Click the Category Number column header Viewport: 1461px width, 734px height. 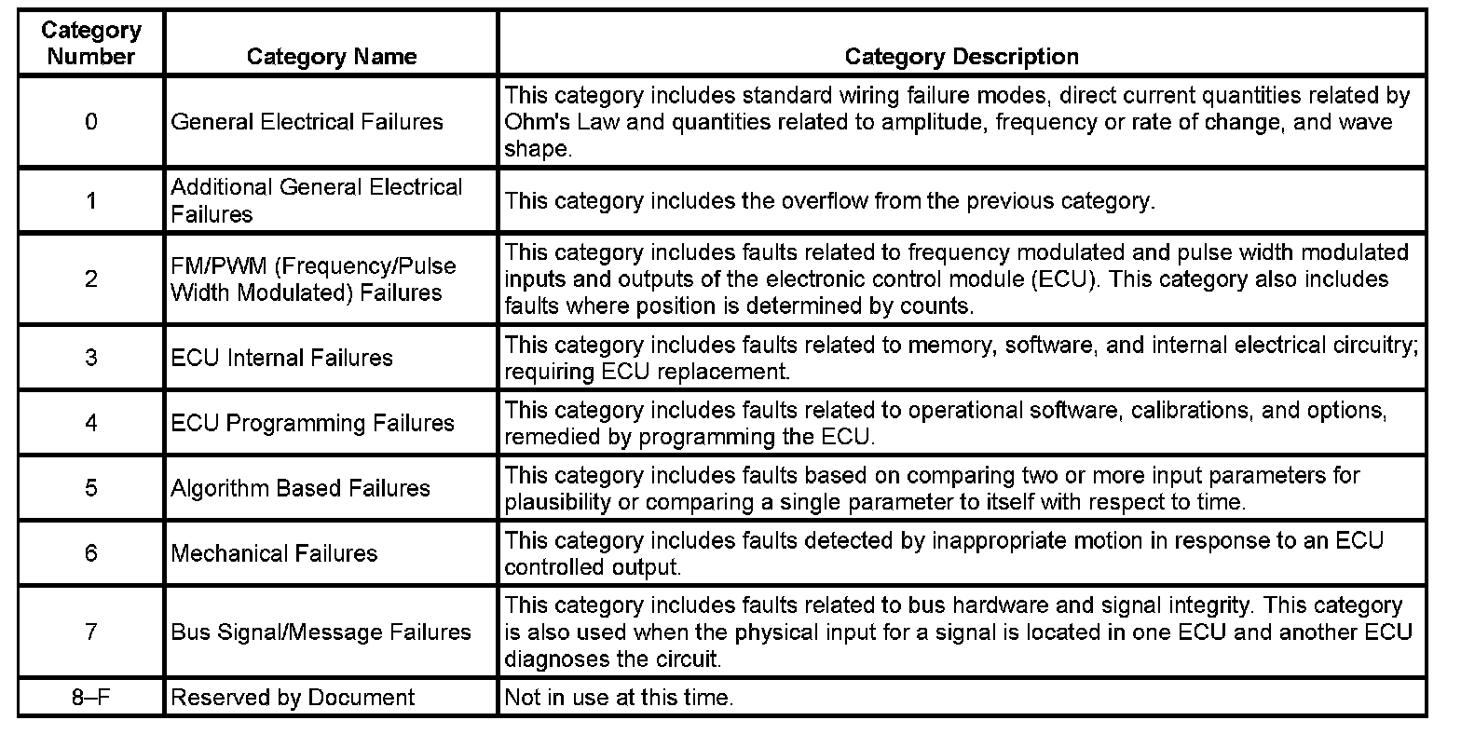(x=90, y=43)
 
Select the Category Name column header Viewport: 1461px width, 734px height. (x=331, y=57)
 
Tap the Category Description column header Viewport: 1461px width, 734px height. (x=961, y=57)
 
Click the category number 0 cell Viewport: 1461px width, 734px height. (x=90, y=122)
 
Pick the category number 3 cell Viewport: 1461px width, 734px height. (x=90, y=358)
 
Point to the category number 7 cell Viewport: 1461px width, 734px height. (x=90, y=632)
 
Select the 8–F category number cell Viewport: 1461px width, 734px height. (x=90, y=698)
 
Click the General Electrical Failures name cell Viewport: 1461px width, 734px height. (x=307, y=122)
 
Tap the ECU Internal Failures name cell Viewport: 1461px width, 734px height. (x=281, y=358)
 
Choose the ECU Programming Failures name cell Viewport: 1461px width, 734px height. (x=312, y=423)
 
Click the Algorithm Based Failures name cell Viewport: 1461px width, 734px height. (x=300, y=488)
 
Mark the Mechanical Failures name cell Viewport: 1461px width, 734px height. (x=274, y=553)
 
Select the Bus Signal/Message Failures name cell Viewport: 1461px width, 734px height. (x=321, y=632)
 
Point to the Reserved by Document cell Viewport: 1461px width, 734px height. (x=293, y=698)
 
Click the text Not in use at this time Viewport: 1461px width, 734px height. (x=619, y=698)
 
